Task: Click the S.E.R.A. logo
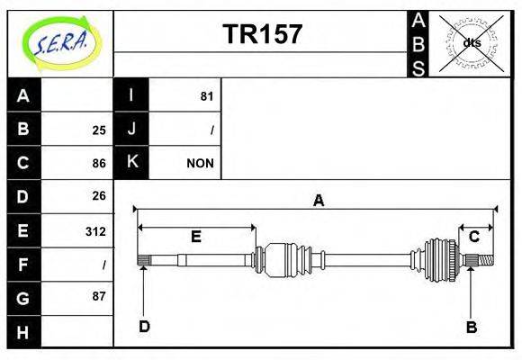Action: [60, 42]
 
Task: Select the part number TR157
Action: [262, 34]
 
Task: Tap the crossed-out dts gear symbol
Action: [471, 43]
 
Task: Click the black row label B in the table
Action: [23, 129]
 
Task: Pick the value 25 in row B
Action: [99, 130]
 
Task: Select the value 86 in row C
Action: [99, 163]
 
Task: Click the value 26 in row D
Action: [99, 195]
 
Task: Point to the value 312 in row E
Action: [95, 231]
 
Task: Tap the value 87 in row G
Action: [99, 296]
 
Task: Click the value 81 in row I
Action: [206, 95]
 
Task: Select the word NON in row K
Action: [200, 163]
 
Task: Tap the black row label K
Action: [131, 162]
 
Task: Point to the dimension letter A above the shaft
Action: [318, 201]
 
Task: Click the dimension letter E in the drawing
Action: [196, 236]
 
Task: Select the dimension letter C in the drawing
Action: [473, 236]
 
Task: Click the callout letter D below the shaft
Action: [144, 326]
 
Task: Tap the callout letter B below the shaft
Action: [471, 326]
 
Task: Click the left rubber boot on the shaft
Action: [286, 258]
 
